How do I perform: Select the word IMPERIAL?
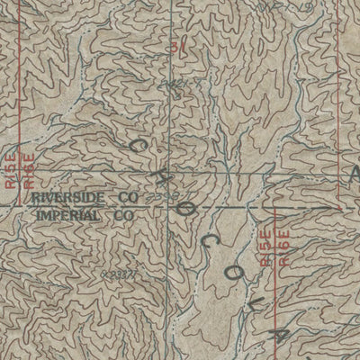click(70, 216)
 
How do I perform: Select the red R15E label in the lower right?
click(265, 245)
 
